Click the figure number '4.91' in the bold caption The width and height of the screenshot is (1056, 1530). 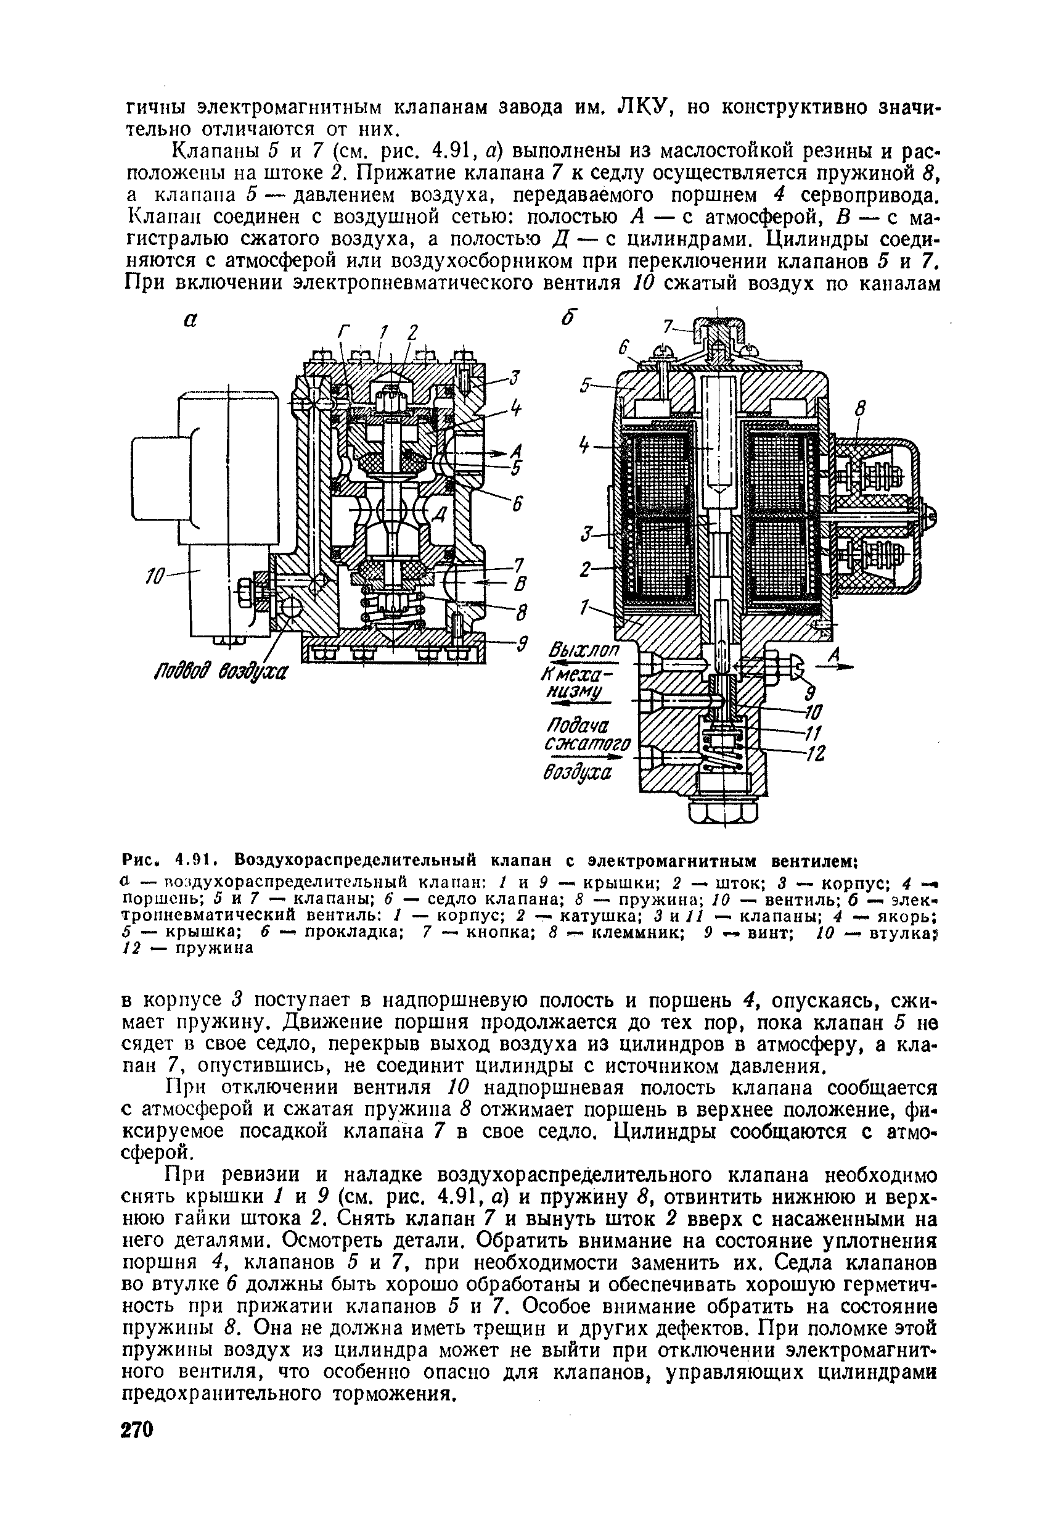tap(190, 862)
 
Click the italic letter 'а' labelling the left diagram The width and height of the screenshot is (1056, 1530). tap(190, 320)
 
